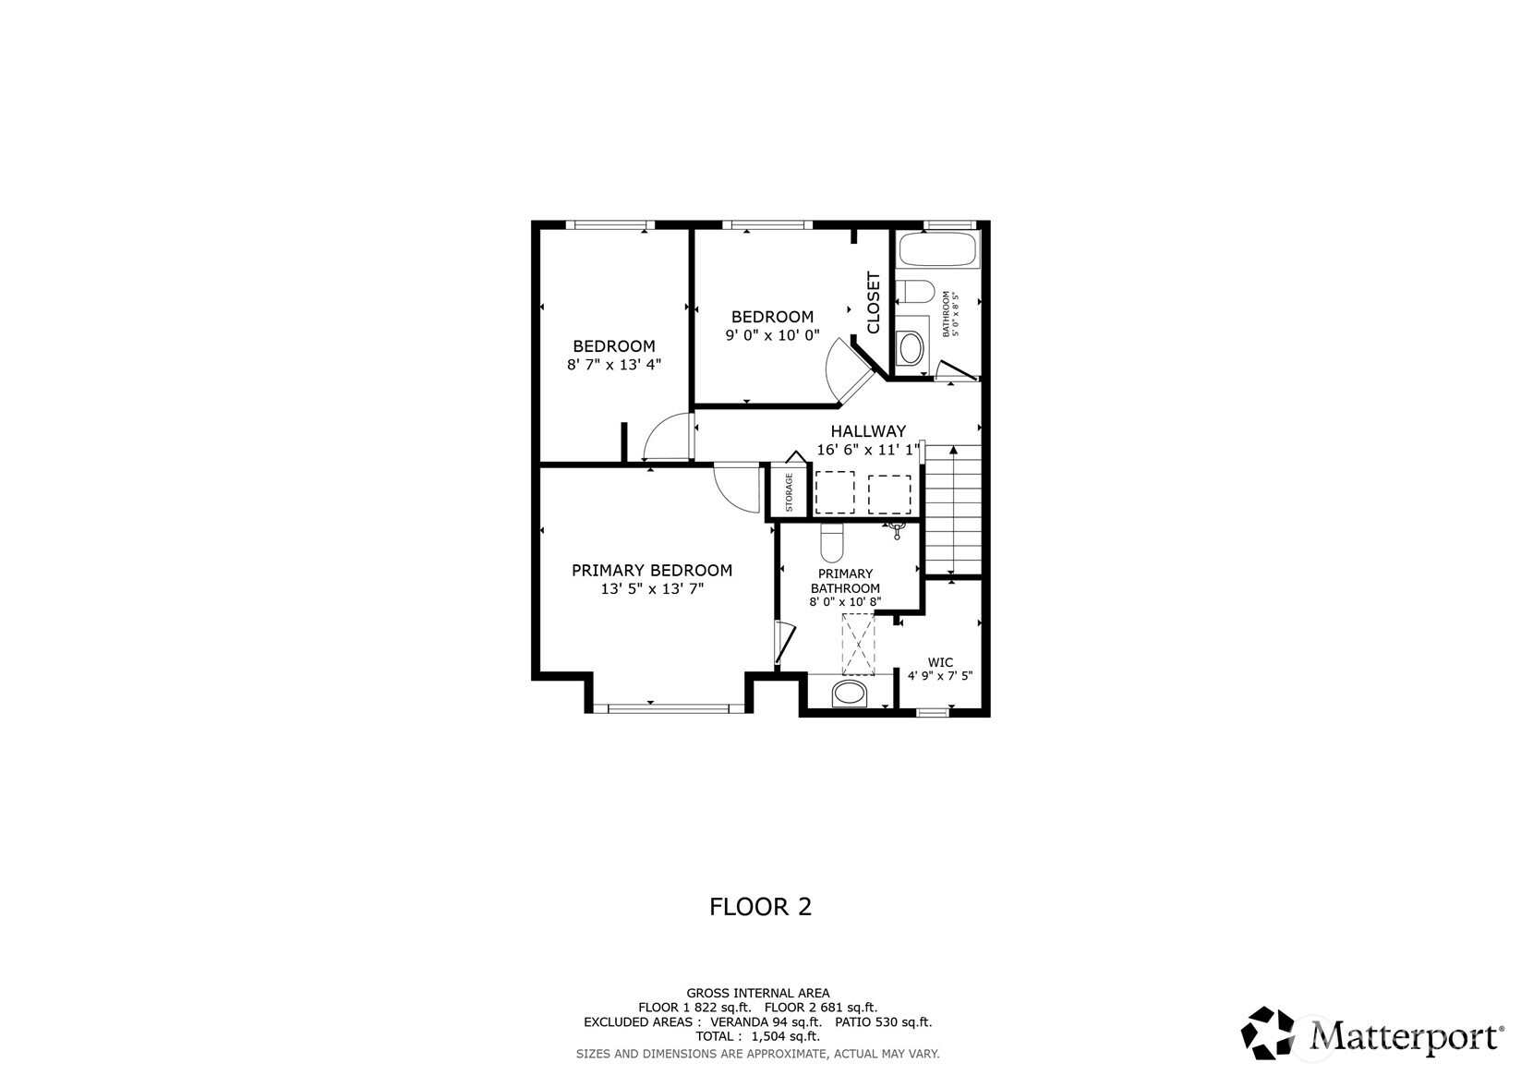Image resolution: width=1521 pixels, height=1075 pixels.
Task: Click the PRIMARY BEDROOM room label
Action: (651, 571)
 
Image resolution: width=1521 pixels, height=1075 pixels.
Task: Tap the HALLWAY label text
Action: (867, 431)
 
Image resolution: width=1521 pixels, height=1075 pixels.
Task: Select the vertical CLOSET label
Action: (874, 302)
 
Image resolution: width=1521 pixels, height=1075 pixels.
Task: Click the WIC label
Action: (940, 662)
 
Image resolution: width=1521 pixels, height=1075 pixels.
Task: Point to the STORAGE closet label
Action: (790, 492)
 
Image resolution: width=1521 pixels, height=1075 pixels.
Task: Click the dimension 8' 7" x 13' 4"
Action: (614, 365)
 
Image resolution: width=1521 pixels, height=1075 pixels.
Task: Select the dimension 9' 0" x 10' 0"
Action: (772, 335)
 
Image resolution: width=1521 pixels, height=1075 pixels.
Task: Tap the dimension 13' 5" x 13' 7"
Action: (652, 589)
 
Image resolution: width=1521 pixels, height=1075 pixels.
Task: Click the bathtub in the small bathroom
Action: (938, 249)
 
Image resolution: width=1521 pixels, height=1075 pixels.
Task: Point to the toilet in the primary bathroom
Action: (832, 543)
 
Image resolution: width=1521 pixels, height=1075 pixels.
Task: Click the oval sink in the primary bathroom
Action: (850, 693)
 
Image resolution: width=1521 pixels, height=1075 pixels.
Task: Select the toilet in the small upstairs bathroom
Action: (915, 292)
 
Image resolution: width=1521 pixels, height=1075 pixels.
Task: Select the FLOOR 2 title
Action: (760, 907)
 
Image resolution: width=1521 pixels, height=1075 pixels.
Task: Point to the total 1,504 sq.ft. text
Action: (757, 1037)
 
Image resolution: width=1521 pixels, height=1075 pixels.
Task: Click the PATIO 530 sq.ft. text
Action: (883, 1022)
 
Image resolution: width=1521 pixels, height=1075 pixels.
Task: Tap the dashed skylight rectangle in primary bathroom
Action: (857, 644)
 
